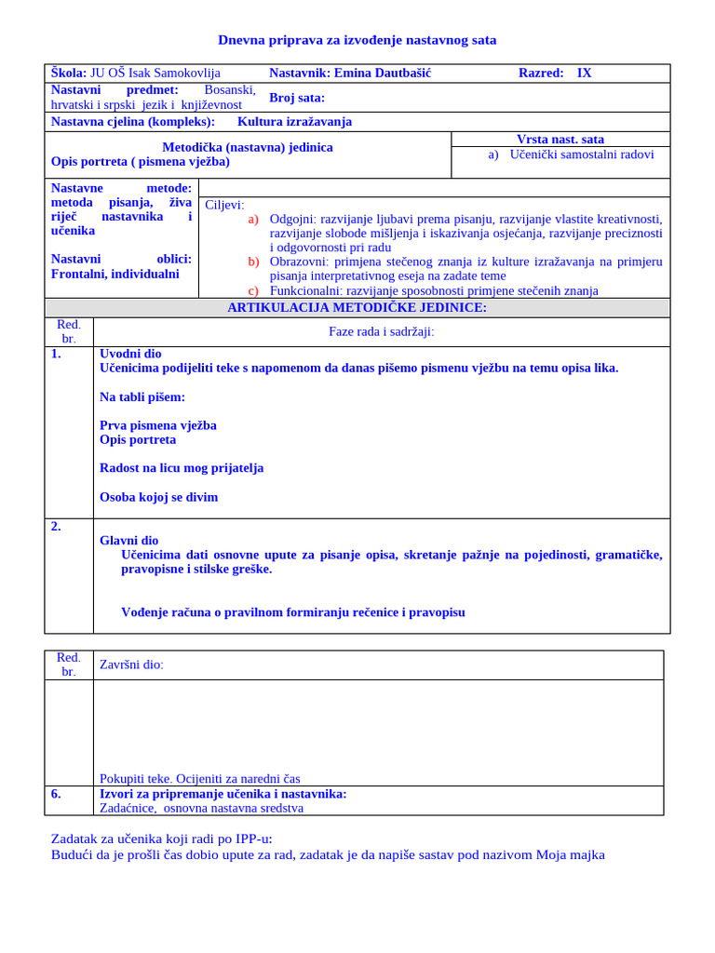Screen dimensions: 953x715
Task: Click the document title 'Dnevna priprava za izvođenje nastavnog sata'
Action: tap(357, 40)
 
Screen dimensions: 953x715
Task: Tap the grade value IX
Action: tap(584, 73)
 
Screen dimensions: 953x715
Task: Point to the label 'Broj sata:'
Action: tap(297, 98)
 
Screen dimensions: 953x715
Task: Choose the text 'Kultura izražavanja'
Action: tap(294, 122)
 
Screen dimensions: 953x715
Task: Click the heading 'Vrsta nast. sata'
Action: tap(560, 140)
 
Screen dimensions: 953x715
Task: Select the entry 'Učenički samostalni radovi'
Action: tap(582, 154)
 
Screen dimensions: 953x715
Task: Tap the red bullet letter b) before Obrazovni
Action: tap(253, 262)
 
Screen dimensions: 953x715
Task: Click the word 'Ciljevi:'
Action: tap(224, 205)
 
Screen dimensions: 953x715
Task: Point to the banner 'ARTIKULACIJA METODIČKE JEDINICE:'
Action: tap(357, 308)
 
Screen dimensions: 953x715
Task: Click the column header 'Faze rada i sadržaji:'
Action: tap(382, 331)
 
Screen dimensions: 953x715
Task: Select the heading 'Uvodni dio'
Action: tap(130, 354)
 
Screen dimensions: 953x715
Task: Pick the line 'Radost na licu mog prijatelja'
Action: tap(182, 468)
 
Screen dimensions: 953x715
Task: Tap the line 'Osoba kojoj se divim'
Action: tap(158, 497)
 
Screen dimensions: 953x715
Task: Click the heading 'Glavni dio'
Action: tap(128, 541)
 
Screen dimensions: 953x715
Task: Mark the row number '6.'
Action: tap(56, 794)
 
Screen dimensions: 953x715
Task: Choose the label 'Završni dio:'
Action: tap(131, 664)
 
